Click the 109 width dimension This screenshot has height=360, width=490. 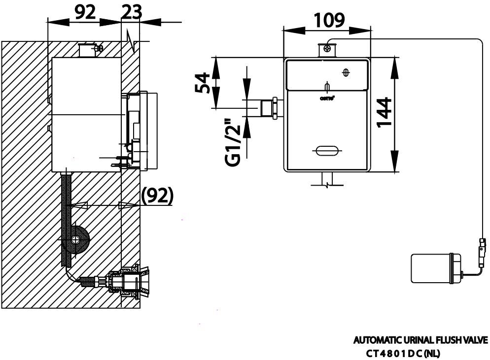(330, 20)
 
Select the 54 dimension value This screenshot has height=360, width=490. (202, 83)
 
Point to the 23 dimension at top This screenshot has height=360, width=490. (131, 12)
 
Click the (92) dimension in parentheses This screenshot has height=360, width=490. (157, 196)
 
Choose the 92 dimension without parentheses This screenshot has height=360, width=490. (84, 12)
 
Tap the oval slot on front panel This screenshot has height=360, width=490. (326, 151)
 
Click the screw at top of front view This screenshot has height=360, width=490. (327, 48)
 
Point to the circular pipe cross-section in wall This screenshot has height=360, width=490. (76, 240)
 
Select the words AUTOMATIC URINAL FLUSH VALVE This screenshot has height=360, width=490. (420, 340)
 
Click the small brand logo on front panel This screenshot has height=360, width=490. (327, 98)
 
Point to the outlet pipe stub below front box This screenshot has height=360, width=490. (327, 178)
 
